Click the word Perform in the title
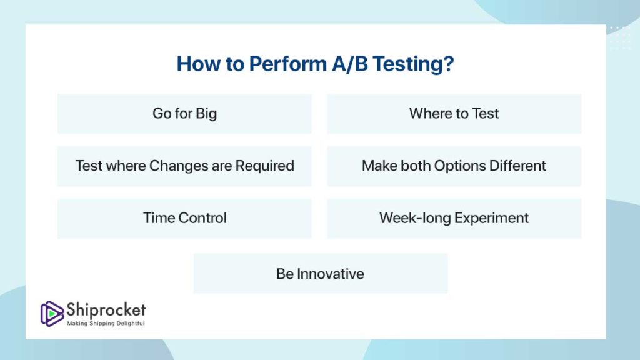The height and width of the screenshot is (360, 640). [x=288, y=64]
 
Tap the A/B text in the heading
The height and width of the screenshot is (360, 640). [x=350, y=64]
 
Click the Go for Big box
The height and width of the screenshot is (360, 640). [x=184, y=114]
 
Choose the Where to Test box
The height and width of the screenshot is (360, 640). [x=454, y=114]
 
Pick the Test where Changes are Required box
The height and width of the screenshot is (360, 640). [x=184, y=166]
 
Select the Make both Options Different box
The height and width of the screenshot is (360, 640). [x=454, y=166]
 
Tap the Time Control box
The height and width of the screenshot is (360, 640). [x=184, y=218]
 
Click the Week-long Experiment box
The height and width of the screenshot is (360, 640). [x=454, y=218]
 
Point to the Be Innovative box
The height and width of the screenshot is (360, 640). [x=321, y=274]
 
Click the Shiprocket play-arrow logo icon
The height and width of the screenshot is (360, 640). [x=52, y=314]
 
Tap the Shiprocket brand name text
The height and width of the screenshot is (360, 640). [x=106, y=311]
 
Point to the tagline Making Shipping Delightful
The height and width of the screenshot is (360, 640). [x=106, y=324]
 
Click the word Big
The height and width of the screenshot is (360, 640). [x=206, y=114]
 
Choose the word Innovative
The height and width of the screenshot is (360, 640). [x=330, y=274]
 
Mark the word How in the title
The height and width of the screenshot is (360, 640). [x=198, y=64]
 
